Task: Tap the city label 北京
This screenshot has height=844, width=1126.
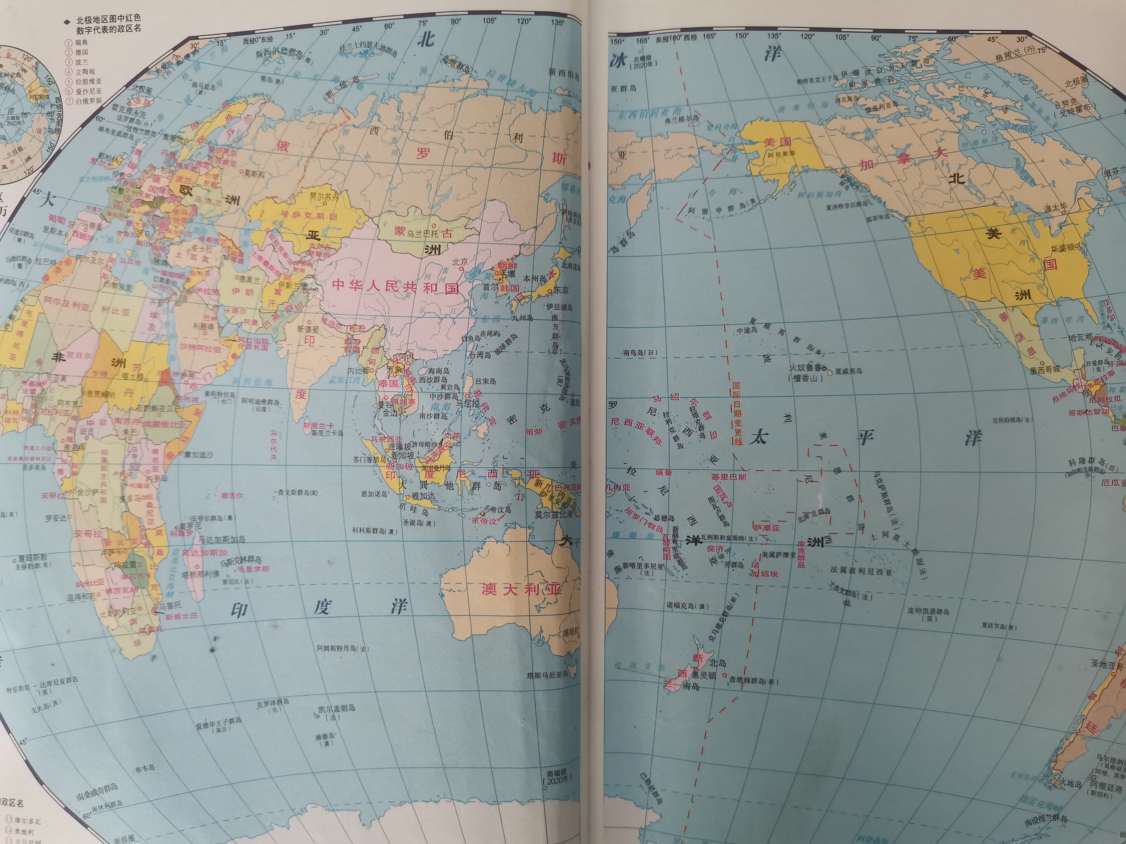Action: (460, 261)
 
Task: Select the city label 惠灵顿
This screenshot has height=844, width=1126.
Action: (703, 675)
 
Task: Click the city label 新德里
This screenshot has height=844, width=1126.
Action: (308, 329)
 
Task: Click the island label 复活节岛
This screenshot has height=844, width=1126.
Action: (999, 626)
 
